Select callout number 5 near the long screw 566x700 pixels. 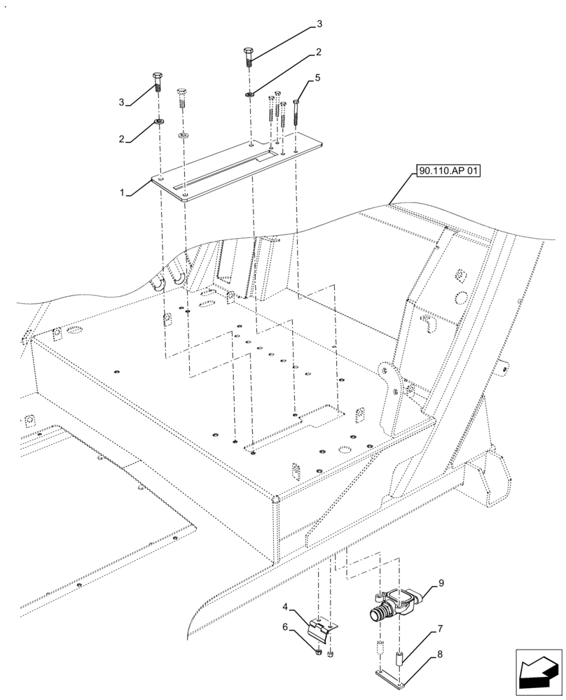(x=317, y=78)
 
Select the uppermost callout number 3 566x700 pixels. (x=319, y=24)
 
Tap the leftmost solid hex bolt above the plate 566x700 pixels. (x=157, y=83)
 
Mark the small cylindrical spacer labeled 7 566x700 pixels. (x=400, y=655)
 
